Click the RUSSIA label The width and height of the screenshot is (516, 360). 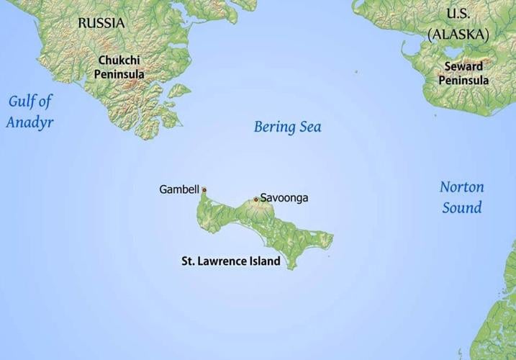[x=101, y=23]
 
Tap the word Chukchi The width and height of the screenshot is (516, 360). [x=120, y=61]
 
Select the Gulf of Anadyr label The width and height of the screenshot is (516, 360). [x=30, y=111]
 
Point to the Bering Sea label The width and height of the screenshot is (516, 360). [x=287, y=127]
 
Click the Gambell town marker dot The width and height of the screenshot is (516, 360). [x=204, y=190]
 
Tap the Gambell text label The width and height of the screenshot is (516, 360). [x=178, y=189]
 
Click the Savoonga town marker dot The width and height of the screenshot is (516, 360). [x=255, y=199]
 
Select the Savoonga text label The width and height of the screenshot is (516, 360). [x=284, y=197]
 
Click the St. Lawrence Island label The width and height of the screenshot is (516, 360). [x=230, y=261]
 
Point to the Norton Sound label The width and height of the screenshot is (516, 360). [x=461, y=197]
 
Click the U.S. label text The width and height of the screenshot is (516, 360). [x=457, y=14]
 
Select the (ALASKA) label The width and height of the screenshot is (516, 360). [x=458, y=34]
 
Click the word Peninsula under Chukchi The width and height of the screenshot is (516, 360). [x=120, y=74]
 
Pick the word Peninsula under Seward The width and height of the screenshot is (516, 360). [x=463, y=80]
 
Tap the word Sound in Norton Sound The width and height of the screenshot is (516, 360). [x=462, y=208]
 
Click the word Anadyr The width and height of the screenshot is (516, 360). [x=30, y=122]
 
